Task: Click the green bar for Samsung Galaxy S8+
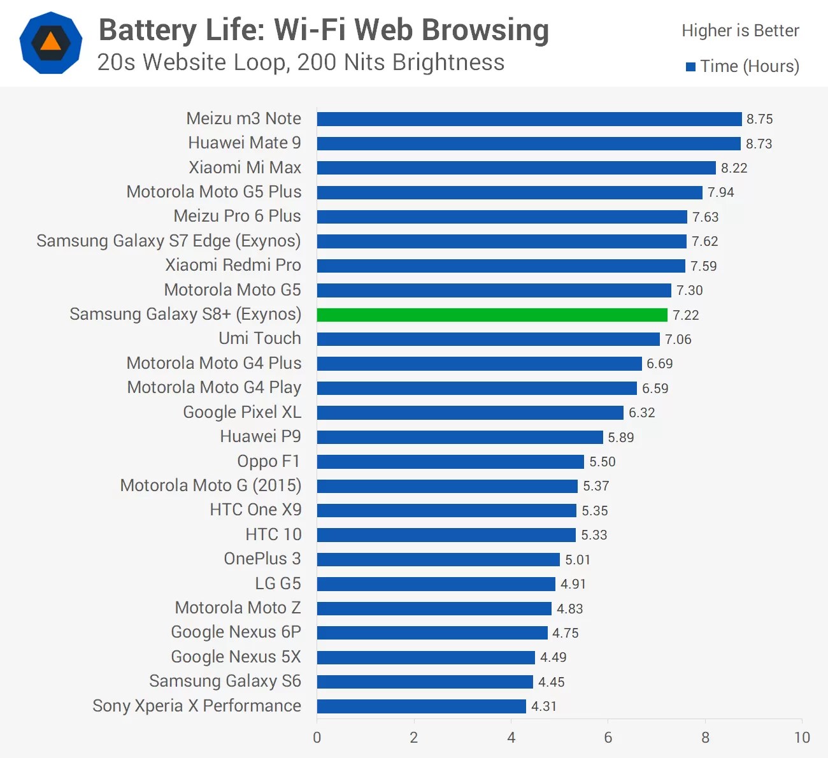(x=492, y=315)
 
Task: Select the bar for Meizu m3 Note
(x=529, y=119)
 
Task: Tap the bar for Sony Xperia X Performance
(x=421, y=706)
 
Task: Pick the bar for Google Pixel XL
(x=470, y=413)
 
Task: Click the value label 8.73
(x=759, y=144)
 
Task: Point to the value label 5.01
(x=578, y=560)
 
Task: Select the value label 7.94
(x=720, y=192)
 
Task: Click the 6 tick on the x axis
(x=608, y=738)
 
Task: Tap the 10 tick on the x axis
(x=801, y=738)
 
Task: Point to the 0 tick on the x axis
(x=317, y=738)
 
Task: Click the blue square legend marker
(x=690, y=67)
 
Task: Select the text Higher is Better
(x=740, y=31)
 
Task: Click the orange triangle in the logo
(x=51, y=42)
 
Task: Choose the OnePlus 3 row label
(x=262, y=559)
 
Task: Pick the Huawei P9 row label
(x=260, y=436)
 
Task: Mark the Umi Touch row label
(x=259, y=338)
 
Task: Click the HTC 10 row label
(x=273, y=534)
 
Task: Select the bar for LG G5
(x=436, y=584)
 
